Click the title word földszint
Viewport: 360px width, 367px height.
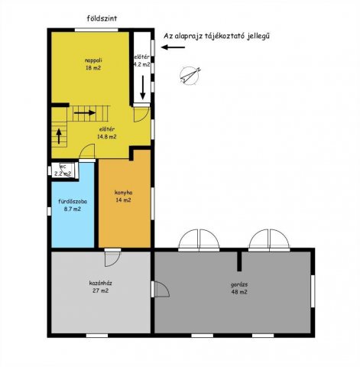[x=102, y=18]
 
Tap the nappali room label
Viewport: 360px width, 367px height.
[x=93, y=60]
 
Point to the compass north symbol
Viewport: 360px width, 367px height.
[x=190, y=76]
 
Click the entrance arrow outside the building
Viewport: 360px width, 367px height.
[x=173, y=47]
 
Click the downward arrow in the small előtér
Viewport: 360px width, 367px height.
[x=143, y=87]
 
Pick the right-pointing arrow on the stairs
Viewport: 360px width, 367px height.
[x=85, y=112]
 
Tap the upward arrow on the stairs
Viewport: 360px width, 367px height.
[x=59, y=136]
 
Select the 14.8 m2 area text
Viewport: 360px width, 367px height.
[x=107, y=137]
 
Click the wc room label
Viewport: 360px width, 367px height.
[x=63, y=167]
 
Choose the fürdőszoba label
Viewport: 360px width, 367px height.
[x=73, y=202]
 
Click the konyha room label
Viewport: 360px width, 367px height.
[x=123, y=193]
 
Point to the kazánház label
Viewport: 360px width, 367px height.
[x=100, y=283]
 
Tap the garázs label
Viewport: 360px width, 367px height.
[x=239, y=284]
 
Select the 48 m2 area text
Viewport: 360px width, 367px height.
[x=239, y=292]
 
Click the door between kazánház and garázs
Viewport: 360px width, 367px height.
[x=161, y=289]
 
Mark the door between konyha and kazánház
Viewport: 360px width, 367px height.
[x=112, y=258]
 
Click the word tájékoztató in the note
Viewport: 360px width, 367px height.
[x=225, y=36]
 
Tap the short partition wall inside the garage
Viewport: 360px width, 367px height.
[x=239, y=261]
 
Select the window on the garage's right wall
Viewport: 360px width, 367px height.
[x=313, y=291]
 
